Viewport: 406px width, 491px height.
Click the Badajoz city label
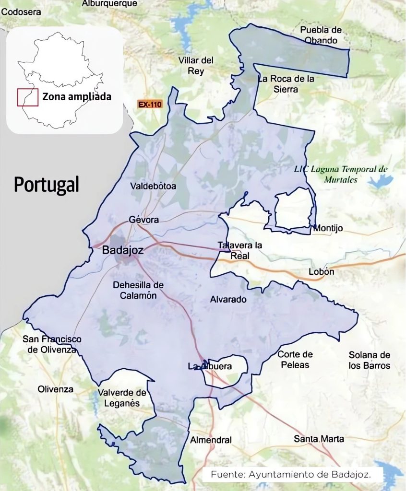click(x=123, y=250)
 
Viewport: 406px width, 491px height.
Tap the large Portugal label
click(x=46, y=184)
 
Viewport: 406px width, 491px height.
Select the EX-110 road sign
click(x=150, y=104)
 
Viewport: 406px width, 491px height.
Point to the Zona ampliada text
click(x=77, y=96)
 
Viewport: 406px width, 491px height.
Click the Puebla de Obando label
click(x=322, y=35)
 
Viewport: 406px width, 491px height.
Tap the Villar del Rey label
click(x=196, y=66)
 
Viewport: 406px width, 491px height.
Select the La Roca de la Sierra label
click(x=286, y=83)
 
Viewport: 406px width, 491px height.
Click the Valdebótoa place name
click(x=153, y=186)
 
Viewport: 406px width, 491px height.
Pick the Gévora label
click(x=143, y=220)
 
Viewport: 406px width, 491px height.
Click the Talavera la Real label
click(x=240, y=250)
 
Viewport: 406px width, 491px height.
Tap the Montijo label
click(x=328, y=228)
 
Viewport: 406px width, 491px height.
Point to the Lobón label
click(x=321, y=272)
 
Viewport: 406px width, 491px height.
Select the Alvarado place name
click(x=228, y=300)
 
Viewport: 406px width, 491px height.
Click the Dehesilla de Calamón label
click(x=138, y=290)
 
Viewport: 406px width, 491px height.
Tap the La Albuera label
click(x=210, y=367)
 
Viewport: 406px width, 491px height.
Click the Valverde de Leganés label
click(x=122, y=398)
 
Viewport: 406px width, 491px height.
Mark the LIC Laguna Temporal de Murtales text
click(x=341, y=174)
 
